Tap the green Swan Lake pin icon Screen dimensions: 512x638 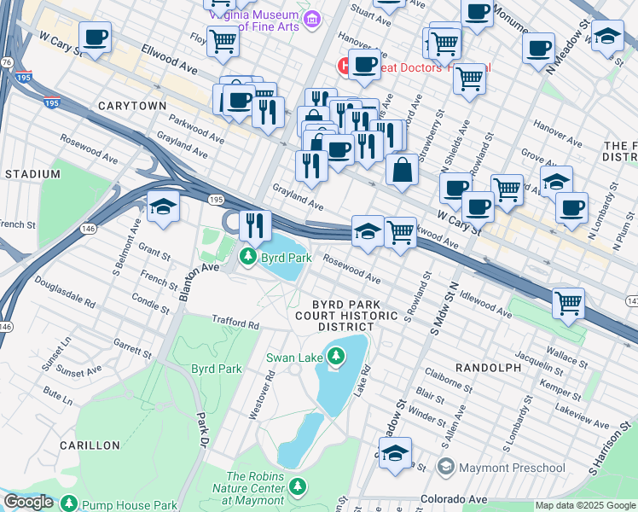tap(336, 355)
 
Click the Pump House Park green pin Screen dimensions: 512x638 tap(69, 504)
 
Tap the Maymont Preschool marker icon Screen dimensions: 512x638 tap(445, 468)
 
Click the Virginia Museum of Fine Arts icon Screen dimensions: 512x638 tap(312, 18)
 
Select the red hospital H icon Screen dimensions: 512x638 tap(344, 64)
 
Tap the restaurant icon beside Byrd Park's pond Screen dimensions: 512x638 tap(254, 226)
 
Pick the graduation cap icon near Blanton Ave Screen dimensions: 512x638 tap(162, 207)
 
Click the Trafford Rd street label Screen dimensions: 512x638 tap(235, 324)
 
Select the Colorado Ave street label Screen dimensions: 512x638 tap(452, 498)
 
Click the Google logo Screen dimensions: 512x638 tap(28, 502)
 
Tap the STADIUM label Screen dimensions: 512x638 tap(32, 174)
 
